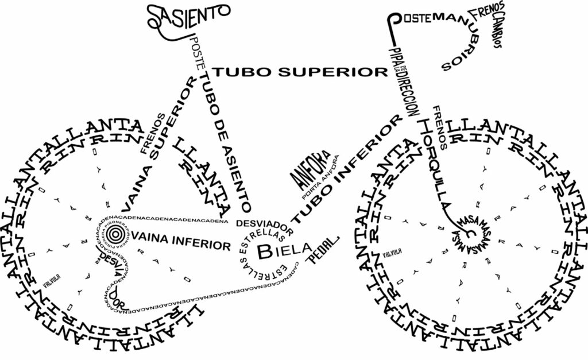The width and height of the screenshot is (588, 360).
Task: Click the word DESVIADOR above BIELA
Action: pyautogui.click(x=265, y=226)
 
